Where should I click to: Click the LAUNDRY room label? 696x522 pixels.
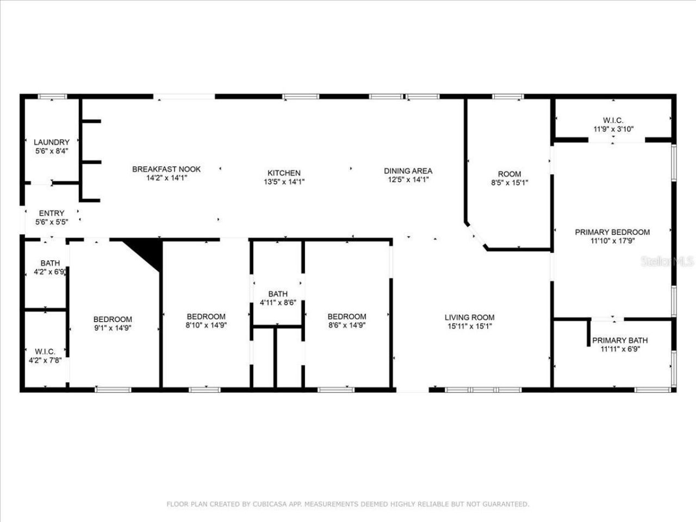(52, 142)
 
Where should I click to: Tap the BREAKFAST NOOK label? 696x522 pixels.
(166, 169)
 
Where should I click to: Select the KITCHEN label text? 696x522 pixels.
(284, 173)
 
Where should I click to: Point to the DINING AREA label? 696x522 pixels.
(408, 171)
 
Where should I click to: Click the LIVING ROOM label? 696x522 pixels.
(469, 318)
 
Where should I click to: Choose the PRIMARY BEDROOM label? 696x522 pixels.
(612, 232)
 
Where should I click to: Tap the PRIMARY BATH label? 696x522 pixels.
(620, 340)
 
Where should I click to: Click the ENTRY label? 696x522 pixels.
(52, 213)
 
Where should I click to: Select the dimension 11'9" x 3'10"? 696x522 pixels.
(613, 129)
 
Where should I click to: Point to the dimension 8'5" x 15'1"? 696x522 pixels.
(509, 183)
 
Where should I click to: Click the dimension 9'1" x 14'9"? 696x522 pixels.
(113, 328)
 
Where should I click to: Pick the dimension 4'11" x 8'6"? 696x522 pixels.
(277, 303)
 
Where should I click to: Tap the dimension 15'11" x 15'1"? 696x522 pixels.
(469, 326)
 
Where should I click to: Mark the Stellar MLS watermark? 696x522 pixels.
(667, 262)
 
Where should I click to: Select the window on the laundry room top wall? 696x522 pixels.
(52, 97)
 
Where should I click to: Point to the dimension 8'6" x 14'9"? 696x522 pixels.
(346, 325)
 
